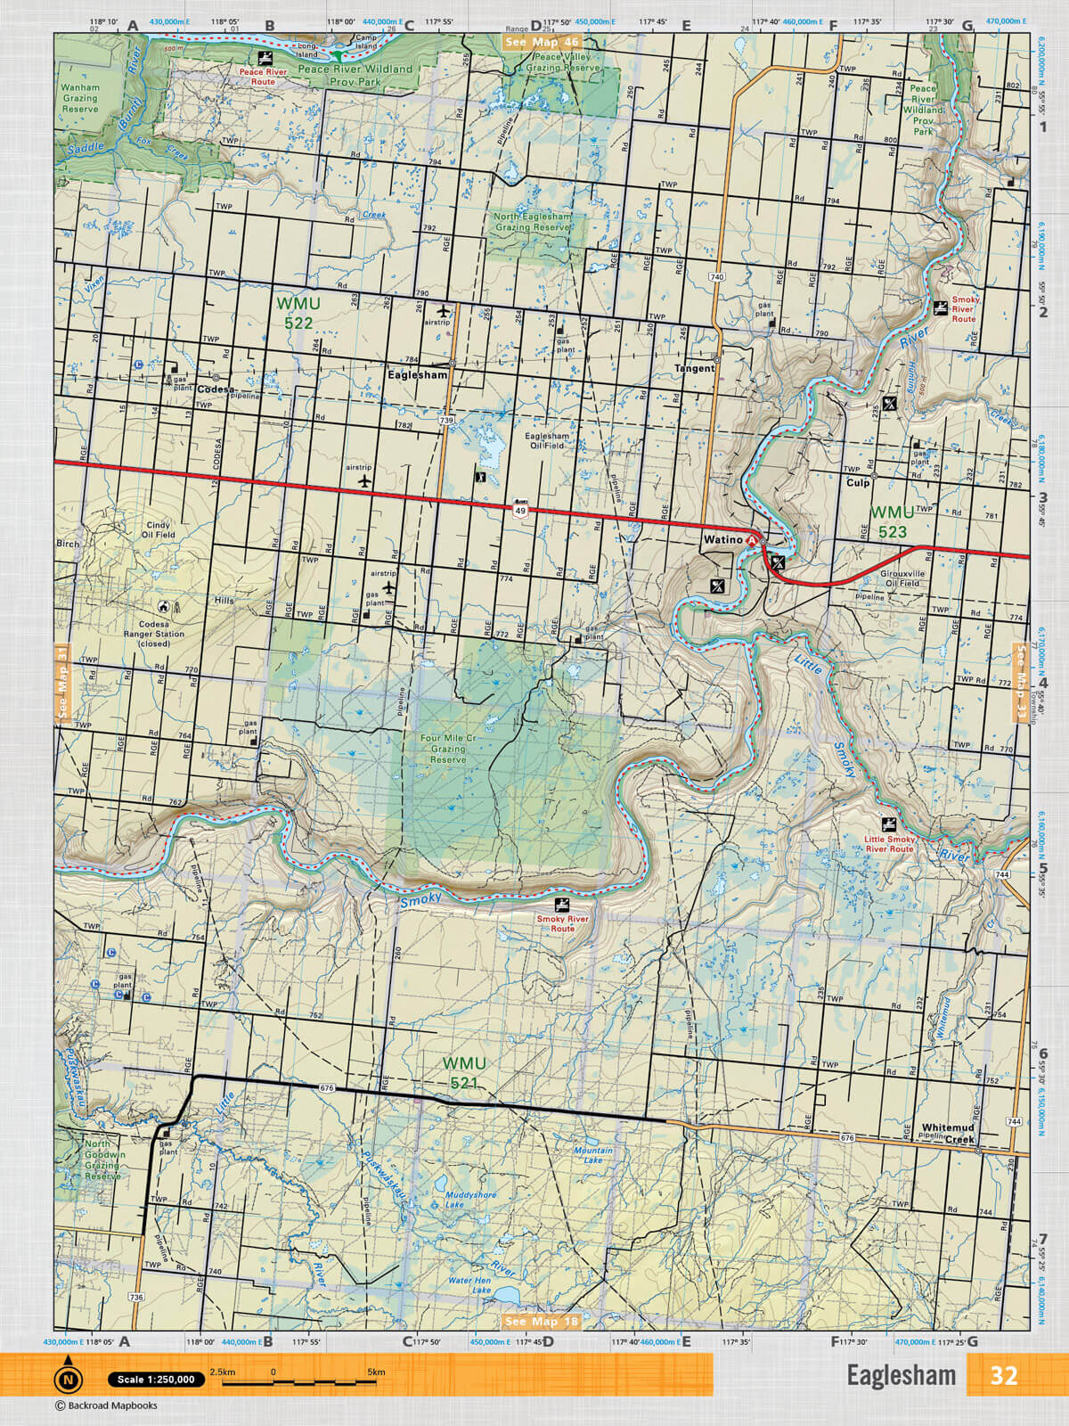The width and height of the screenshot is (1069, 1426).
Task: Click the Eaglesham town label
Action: (417, 375)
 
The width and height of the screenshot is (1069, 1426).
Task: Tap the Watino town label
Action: (722, 540)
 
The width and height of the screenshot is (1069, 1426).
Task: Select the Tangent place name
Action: (694, 368)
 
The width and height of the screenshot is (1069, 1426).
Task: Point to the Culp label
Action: (857, 482)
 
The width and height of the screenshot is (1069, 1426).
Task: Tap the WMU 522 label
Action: (298, 313)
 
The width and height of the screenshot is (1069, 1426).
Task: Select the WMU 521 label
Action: (464, 1073)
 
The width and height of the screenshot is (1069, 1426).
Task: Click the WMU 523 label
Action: (892, 522)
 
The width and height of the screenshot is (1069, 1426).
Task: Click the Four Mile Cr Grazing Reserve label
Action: (448, 749)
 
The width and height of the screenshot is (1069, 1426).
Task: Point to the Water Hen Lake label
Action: (469, 1284)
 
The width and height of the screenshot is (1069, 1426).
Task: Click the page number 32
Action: (1003, 1375)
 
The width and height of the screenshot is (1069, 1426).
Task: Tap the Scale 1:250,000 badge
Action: (155, 1380)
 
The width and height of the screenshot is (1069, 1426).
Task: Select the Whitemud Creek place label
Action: (948, 1133)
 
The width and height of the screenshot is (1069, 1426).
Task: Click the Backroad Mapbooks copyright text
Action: (106, 1406)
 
